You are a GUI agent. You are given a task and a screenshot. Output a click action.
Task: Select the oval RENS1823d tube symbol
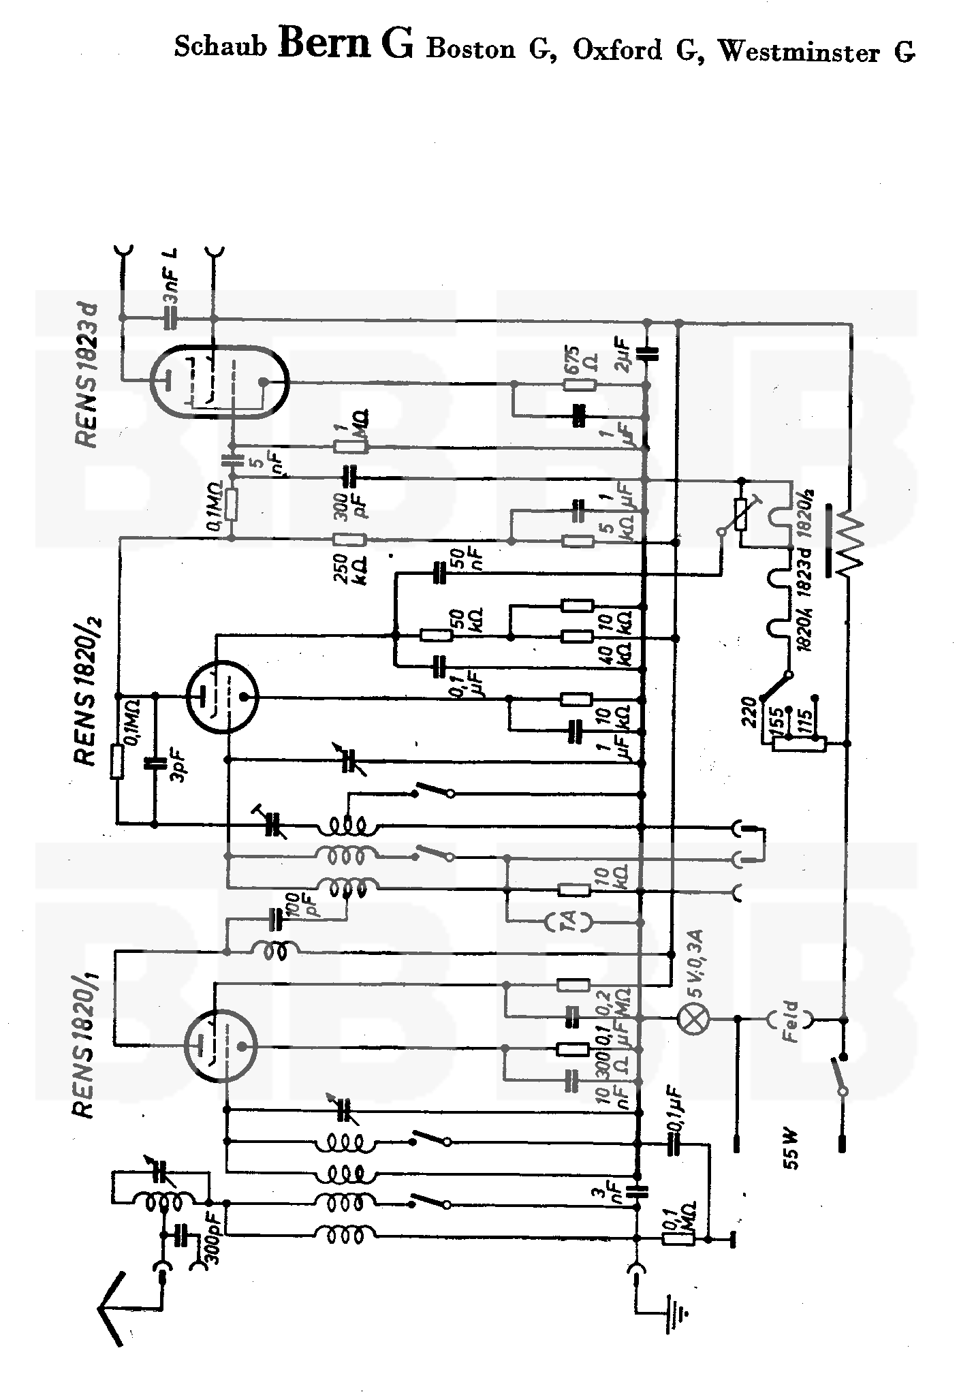(x=219, y=382)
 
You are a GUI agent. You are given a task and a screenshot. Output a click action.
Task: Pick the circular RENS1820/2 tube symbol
(x=221, y=696)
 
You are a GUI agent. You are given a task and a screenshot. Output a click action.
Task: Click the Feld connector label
(x=790, y=1020)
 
